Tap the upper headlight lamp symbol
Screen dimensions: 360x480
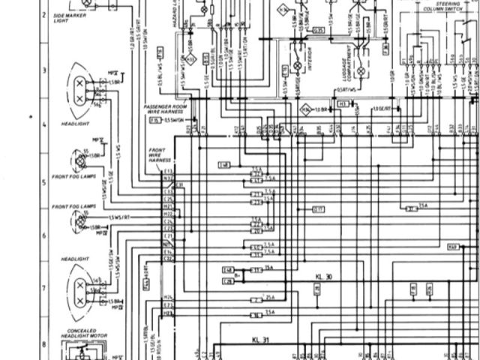pos(79,90)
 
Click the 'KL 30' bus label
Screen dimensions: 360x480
pos(324,277)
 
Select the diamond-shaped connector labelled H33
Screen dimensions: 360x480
pos(305,109)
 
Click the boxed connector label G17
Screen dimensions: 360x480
pos(339,209)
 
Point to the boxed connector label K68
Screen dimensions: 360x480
pos(452,247)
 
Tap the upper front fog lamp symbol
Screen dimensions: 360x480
pos(79,160)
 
